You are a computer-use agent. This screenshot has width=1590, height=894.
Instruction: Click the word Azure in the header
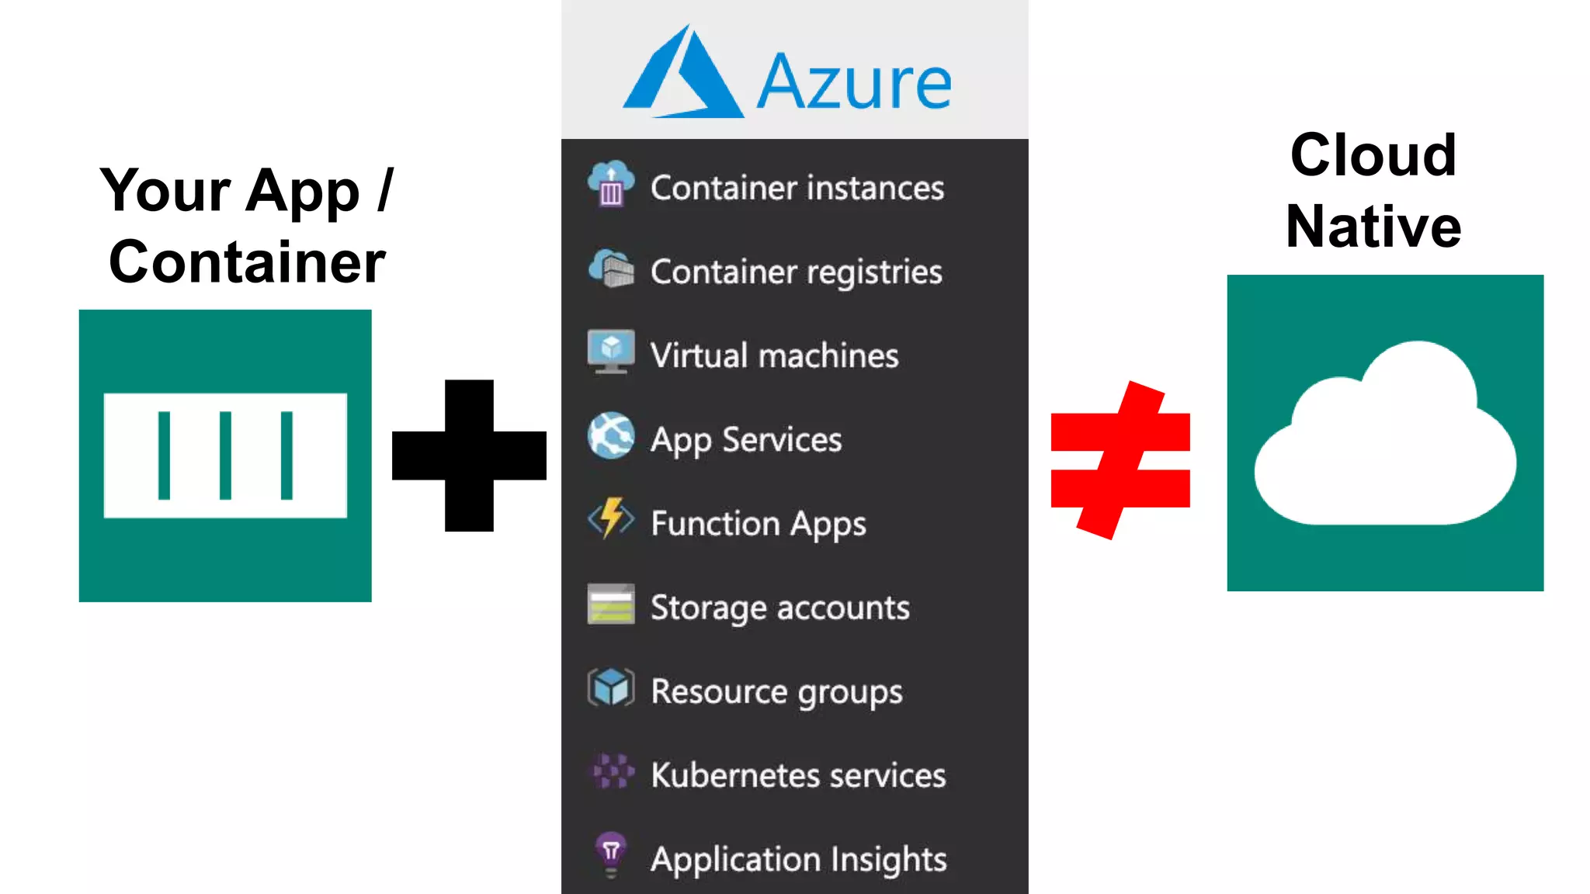pyautogui.click(x=854, y=82)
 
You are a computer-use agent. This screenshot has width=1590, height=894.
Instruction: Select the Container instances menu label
pyautogui.click(x=797, y=188)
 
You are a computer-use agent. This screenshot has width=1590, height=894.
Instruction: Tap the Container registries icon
pyautogui.click(x=611, y=269)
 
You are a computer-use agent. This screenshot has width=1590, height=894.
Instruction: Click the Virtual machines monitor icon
pyautogui.click(x=611, y=352)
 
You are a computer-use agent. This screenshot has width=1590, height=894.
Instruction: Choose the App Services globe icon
pyautogui.click(x=611, y=435)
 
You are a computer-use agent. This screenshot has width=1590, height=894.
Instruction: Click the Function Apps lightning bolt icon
pyautogui.click(x=611, y=518)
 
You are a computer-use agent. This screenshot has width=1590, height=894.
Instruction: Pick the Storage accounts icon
pyautogui.click(x=611, y=604)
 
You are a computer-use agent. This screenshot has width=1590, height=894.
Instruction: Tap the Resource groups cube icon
pyautogui.click(x=611, y=688)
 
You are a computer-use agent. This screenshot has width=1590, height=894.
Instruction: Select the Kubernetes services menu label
pyautogui.click(x=798, y=774)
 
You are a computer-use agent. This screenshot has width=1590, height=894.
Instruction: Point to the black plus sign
pyautogui.click(x=469, y=456)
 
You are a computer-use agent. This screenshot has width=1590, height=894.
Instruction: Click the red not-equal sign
pyautogui.click(x=1120, y=459)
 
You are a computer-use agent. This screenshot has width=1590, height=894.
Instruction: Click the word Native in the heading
pyautogui.click(x=1373, y=227)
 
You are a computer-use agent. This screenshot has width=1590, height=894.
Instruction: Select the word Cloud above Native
pyautogui.click(x=1373, y=155)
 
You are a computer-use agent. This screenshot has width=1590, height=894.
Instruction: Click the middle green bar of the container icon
pyautogui.click(x=225, y=456)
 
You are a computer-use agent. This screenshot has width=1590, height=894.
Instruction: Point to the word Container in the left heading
pyautogui.click(x=247, y=262)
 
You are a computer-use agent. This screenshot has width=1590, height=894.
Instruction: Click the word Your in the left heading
pyautogui.click(x=165, y=191)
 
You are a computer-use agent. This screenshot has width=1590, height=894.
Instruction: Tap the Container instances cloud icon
pyautogui.click(x=611, y=183)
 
